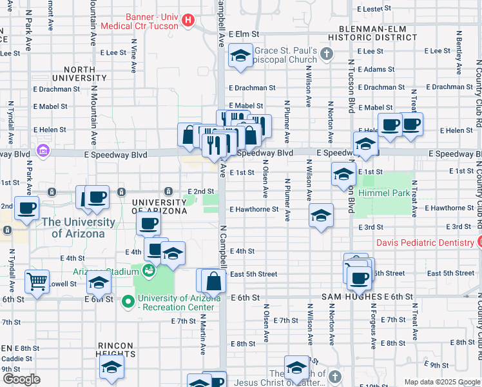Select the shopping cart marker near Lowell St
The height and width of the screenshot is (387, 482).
(37, 281)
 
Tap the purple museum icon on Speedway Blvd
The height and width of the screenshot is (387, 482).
(43, 151)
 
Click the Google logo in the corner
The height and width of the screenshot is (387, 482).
(21, 379)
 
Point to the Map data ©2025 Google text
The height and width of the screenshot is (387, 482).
(441, 382)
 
